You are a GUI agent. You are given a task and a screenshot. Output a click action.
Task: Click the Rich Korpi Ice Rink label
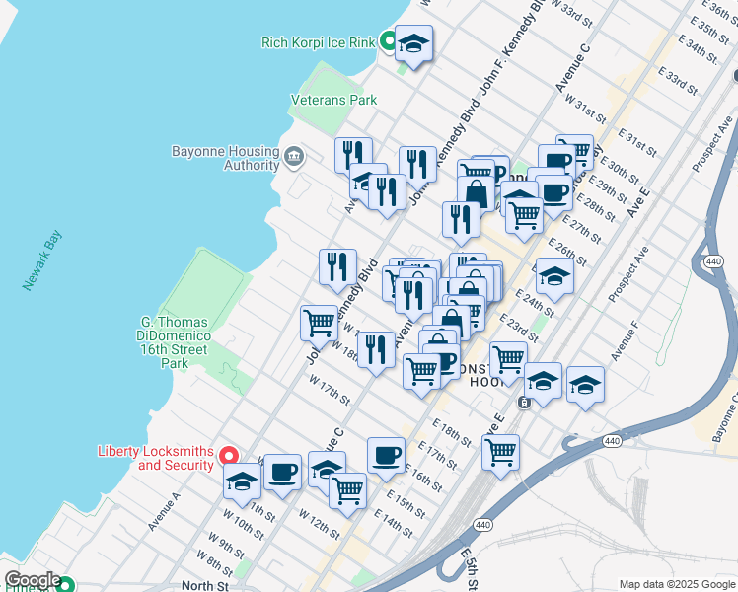pos(318,42)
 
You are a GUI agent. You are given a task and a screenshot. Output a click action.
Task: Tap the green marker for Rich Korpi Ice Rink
pos(388,41)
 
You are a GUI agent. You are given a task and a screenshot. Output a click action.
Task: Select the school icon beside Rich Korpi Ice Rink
pos(414,44)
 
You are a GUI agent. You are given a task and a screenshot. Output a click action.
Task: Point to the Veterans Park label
pos(333,100)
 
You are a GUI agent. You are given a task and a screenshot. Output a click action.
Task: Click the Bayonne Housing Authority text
pos(225,158)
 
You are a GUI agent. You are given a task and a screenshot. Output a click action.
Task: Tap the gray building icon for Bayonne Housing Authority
pos(293,156)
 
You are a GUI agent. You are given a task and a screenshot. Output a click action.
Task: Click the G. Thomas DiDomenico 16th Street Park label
pos(175,342)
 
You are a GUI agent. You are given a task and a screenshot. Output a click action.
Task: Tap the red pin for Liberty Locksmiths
pos(228,456)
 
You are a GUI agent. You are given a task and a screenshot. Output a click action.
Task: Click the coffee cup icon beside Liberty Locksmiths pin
pos(282,473)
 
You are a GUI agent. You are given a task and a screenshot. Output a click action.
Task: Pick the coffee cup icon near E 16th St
pos(386,456)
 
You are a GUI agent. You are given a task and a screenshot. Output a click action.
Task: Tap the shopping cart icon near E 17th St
pos(500,452)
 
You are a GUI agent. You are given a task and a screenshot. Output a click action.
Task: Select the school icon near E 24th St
pos(554,278)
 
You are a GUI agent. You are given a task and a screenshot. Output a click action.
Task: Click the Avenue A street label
pos(164,511)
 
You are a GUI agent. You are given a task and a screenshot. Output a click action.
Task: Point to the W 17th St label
pos(330,389)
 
